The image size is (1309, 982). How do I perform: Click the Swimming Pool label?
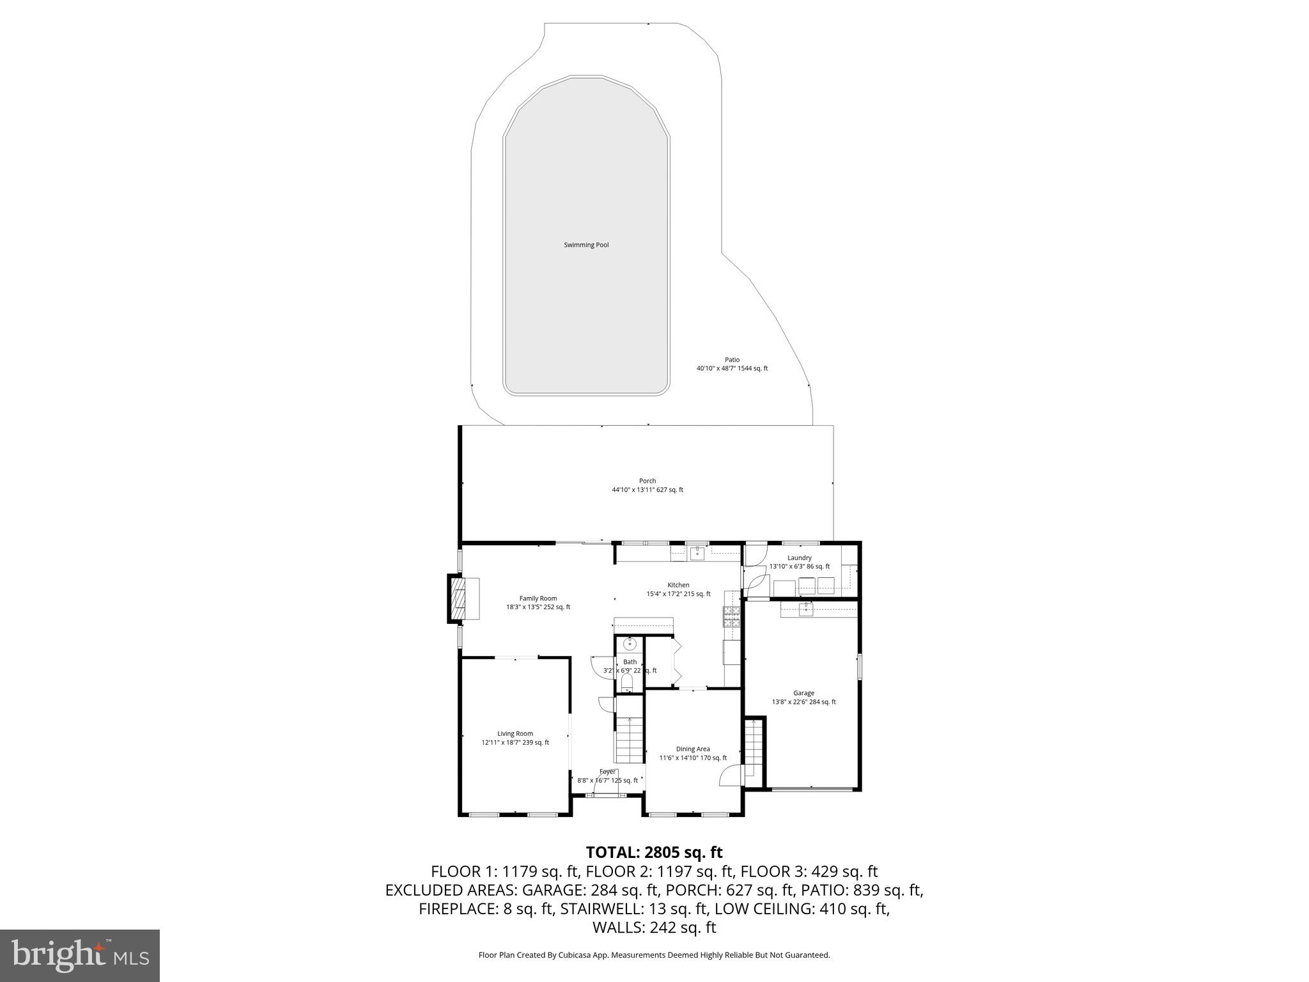click(586, 245)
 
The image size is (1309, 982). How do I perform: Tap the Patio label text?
click(732, 360)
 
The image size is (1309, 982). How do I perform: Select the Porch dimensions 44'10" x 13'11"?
click(647, 490)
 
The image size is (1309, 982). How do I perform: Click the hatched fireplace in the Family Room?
click(456, 599)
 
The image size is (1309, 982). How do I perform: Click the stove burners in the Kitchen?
click(731, 616)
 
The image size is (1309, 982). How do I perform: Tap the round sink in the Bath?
click(630, 644)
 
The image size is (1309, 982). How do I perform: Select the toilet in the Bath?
click(627, 683)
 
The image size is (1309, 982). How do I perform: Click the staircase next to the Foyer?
click(629, 739)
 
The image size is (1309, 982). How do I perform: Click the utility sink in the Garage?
click(805, 609)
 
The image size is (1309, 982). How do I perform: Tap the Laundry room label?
click(799, 558)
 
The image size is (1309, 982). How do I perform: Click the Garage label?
click(803, 693)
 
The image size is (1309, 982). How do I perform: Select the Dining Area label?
click(693, 749)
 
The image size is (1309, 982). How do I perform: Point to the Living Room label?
click(515, 734)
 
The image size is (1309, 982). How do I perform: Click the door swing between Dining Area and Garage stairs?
click(730, 775)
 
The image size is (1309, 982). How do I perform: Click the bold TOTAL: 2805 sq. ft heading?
click(654, 852)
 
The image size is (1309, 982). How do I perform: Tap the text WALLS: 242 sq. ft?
click(654, 928)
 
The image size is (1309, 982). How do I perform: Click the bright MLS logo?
click(80, 955)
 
